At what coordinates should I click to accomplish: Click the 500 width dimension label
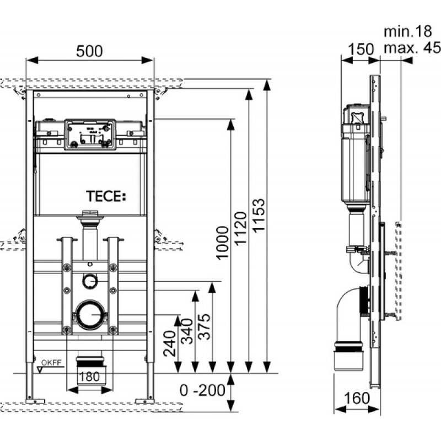(x=89, y=51)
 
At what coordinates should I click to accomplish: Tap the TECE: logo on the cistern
(x=106, y=196)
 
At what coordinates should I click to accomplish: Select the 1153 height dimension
(x=259, y=216)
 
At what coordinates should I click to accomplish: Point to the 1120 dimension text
(x=241, y=229)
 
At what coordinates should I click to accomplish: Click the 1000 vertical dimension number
(x=223, y=243)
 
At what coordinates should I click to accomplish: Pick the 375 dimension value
(x=204, y=326)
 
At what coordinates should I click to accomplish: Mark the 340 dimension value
(x=187, y=331)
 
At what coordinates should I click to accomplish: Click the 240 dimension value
(x=170, y=343)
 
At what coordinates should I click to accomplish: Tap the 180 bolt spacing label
(x=89, y=377)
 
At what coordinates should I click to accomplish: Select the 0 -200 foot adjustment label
(x=202, y=390)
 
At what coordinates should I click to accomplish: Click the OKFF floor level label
(x=51, y=363)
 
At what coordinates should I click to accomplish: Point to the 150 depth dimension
(x=361, y=50)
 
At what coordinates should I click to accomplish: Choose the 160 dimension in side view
(x=357, y=398)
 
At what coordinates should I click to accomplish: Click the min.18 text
(x=407, y=31)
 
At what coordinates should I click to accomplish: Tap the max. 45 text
(x=412, y=47)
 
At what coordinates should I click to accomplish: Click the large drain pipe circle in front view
(x=90, y=315)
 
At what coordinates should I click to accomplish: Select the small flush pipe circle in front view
(x=90, y=281)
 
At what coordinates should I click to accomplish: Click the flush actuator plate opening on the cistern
(x=90, y=134)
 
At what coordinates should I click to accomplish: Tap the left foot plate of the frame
(x=35, y=401)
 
